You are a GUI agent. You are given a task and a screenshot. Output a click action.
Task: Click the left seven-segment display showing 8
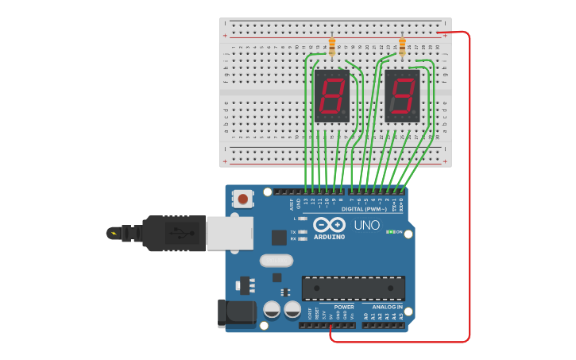point(331,95)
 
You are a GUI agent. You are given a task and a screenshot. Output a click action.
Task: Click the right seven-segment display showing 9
point(402,95)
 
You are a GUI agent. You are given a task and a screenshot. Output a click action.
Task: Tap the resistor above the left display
point(331,47)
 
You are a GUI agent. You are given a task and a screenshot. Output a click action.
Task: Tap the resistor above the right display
point(402,47)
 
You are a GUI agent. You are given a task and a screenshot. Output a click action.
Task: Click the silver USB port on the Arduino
point(230,234)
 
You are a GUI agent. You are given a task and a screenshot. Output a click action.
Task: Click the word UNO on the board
point(366,226)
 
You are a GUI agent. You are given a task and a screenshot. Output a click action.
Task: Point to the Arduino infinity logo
point(328,224)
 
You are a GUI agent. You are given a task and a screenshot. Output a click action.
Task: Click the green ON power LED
point(390,232)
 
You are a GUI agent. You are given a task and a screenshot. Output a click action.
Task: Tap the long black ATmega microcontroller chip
point(353,288)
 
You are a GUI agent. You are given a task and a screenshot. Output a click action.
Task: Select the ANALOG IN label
point(383,307)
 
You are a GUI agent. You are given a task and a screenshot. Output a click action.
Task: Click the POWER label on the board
point(344,307)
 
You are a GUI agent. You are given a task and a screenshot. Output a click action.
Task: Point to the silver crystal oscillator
point(276,261)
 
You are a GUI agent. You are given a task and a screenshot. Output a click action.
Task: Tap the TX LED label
point(293,231)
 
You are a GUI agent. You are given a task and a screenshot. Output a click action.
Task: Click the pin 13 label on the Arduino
point(307,202)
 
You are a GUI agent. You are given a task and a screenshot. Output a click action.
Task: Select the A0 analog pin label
point(365,316)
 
